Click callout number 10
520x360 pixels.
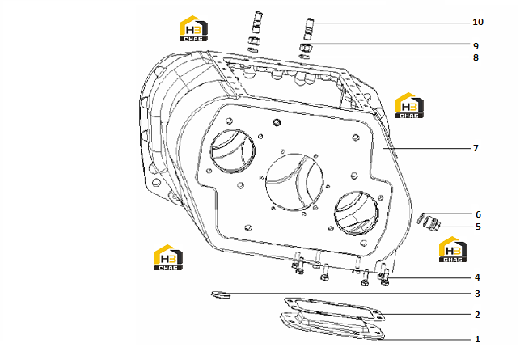pyautogui.click(x=478, y=22)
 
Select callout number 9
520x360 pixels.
pyautogui.click(x=476, y=46)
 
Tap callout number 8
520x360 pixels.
pyautogui.click(x=476, y=57)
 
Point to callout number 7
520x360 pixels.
pyautogui.click(x=476, y=148)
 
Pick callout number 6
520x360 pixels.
pyautogui.click(x=478, y=214)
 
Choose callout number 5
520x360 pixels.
pyautogui.click(x=478, y=227)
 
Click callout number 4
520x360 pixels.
pyautogui.click(x=477, y=277)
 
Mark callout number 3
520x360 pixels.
pyautogui.click(x=477, y=294)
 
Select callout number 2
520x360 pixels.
pyautogui.click(x=477, y=315)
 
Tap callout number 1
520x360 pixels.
pyautogui.click(x=477, y=339)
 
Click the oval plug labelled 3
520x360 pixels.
pyautogui.click(x=221, y=294)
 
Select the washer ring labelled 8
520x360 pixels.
pyautogui.click(x=304, y=57)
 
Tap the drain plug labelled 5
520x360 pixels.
pyautogui.click(x=433, y=223)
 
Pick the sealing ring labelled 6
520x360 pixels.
pyautogui.click(x=421, y=218)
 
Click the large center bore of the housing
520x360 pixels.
pyautogui.click(x=294, y=181)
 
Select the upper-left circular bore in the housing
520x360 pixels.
pyautogui.click(x=233, y=151)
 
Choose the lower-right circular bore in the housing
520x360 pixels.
pyautogui.click(x=356, y=213)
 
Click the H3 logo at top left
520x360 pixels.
pyautogui.click(x=193, y=28)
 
